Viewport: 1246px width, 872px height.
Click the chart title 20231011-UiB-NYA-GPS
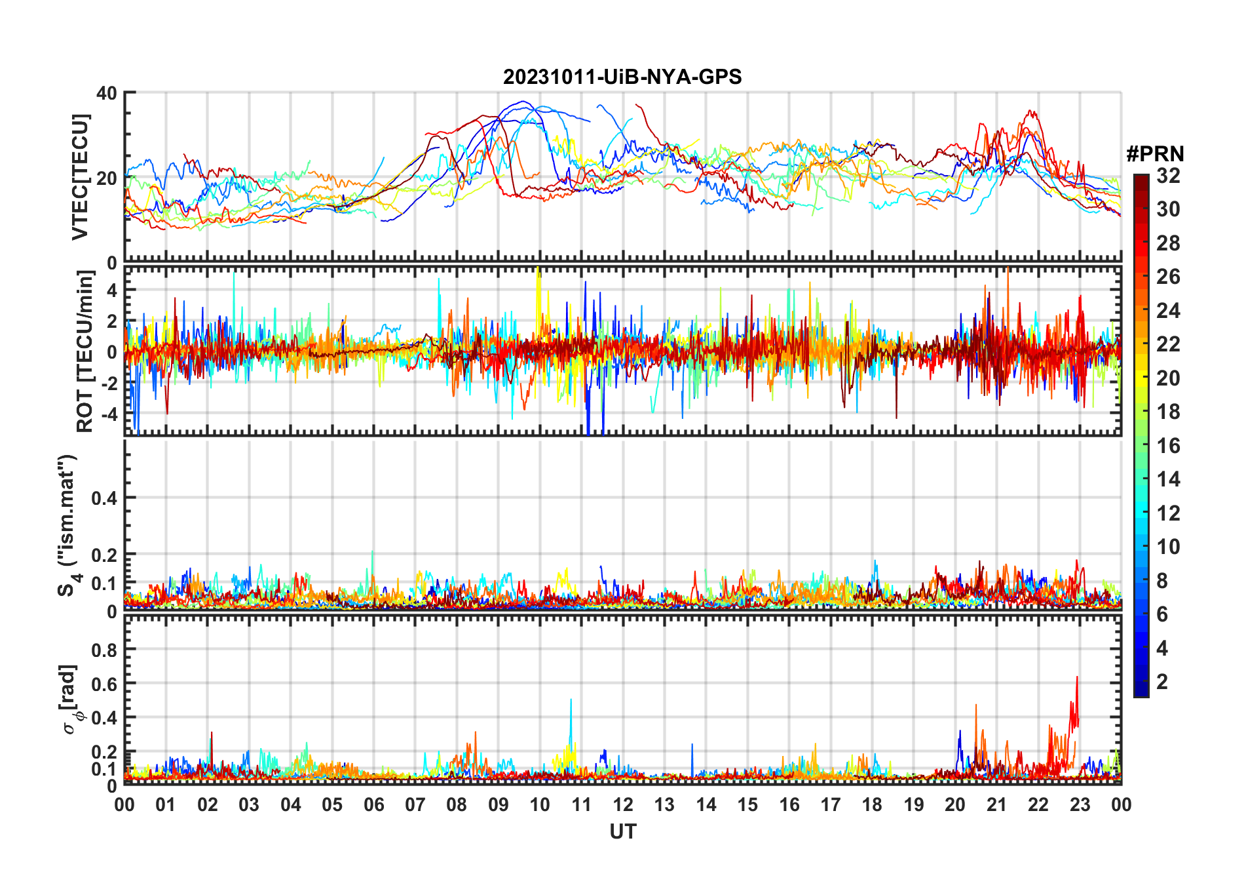point(622,77)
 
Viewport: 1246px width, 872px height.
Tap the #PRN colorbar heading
point(1155,154)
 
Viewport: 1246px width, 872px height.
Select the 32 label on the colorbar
point(1168,176)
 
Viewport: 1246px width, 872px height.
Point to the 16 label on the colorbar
point(1168,446)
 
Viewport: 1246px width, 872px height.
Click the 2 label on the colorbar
point(1162,682)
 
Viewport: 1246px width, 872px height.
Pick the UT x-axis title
point(622,831)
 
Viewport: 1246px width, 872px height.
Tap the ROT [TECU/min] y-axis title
point(85,351)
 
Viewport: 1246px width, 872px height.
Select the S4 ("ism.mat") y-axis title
point(67,525)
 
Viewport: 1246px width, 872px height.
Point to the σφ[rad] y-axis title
point(71,699)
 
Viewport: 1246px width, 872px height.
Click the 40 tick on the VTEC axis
point(107,93)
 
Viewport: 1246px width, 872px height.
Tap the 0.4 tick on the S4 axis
point(104,498)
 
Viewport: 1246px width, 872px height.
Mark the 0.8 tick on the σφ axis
point(104,650)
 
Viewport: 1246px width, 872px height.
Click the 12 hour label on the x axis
point(623,804)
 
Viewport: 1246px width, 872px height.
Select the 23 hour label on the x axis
point(1080,804)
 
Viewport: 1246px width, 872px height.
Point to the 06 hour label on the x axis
point(374,804)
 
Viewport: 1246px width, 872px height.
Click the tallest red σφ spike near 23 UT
point(1076,678)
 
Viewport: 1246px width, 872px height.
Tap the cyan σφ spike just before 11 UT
point(571,700)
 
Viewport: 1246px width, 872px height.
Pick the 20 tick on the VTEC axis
point(107,178)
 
